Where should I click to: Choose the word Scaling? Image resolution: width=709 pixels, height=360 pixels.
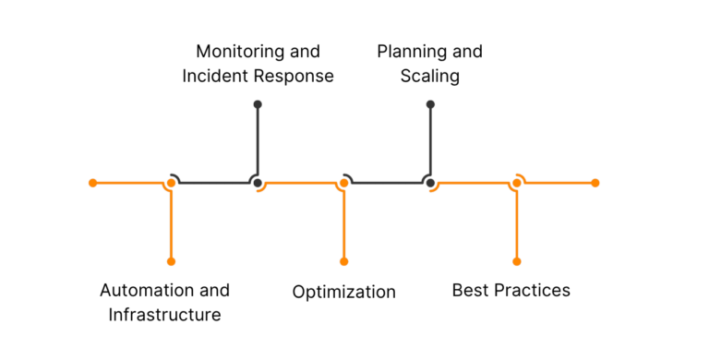click(429, 76)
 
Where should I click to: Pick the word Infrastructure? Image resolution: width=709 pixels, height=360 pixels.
click(164, 315)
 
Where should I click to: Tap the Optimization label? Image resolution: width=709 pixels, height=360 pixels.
click(343, 293)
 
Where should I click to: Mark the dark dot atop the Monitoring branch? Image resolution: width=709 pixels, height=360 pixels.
click(258, 104)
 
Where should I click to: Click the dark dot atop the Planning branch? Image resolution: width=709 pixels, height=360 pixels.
click(430, 104)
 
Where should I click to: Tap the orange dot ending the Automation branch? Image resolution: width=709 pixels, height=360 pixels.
click(171, 261)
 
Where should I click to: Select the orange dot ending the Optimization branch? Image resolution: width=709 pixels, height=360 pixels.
click(343, 261)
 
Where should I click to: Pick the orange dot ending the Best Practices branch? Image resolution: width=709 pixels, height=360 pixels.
click(516, 261)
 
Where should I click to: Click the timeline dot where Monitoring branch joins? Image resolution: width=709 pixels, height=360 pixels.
click(258, 183)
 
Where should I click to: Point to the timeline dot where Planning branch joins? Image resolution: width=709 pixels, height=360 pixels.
click(430, 183)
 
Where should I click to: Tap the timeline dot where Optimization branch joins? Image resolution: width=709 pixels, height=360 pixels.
click(343, 183)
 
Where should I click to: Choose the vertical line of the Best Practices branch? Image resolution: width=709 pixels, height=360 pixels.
click(516, 226)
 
